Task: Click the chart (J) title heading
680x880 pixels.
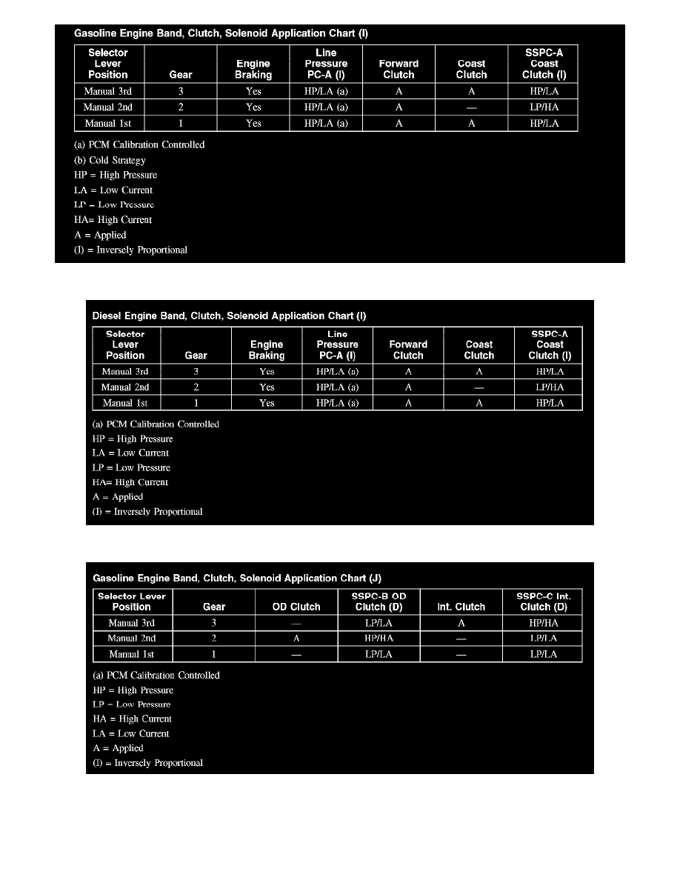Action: click(236, 578)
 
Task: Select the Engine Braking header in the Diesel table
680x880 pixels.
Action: click(266, 350)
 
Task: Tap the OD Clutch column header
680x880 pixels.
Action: click(296, 607)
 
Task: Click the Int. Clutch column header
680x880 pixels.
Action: click(461, 607)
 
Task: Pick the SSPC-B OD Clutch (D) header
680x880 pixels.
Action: click(378, 601)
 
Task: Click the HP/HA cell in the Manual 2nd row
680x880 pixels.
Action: click(379, 639)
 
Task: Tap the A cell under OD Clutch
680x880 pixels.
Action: click(296, 639)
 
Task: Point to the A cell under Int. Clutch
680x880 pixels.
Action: click(461, 623)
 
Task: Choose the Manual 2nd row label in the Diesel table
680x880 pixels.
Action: click(125, 387)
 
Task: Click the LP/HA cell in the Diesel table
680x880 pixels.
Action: click(550, 387)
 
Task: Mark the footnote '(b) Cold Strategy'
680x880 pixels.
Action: click(109, 160)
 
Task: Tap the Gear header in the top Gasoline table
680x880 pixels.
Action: click(181, 74)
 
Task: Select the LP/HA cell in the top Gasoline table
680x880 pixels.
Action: click(544, 107)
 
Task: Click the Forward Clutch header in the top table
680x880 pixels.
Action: click(399, 69)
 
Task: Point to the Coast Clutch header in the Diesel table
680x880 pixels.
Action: click(479, 350)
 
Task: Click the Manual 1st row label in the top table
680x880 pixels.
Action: click(108, 124)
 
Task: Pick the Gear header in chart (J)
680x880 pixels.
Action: click(214, 607)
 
